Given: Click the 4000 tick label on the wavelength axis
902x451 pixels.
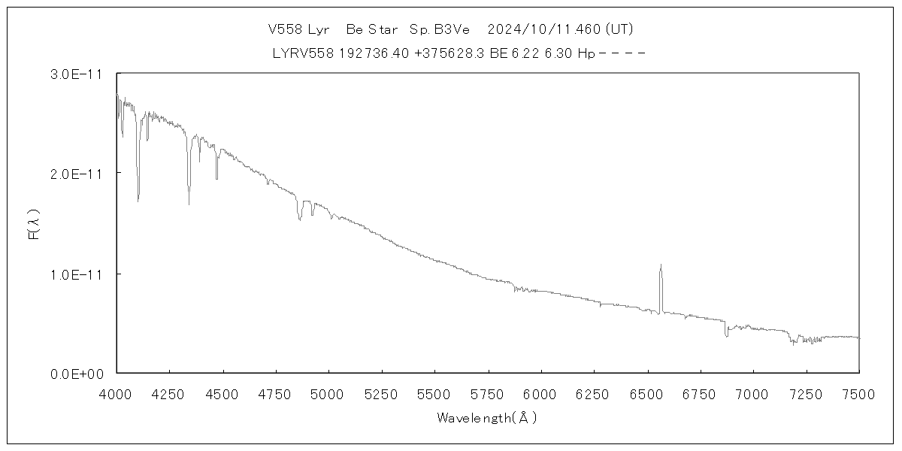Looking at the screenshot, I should (117, 393).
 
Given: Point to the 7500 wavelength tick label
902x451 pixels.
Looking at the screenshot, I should (859, 393).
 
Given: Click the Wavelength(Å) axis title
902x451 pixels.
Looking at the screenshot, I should (487, 418).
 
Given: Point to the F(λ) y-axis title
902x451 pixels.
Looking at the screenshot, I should (34, 223).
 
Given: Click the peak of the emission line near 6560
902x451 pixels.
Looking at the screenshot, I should (661, 265).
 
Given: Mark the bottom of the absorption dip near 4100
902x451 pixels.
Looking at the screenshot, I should (138, 201).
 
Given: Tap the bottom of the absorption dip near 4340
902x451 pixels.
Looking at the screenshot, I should (189, 204).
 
